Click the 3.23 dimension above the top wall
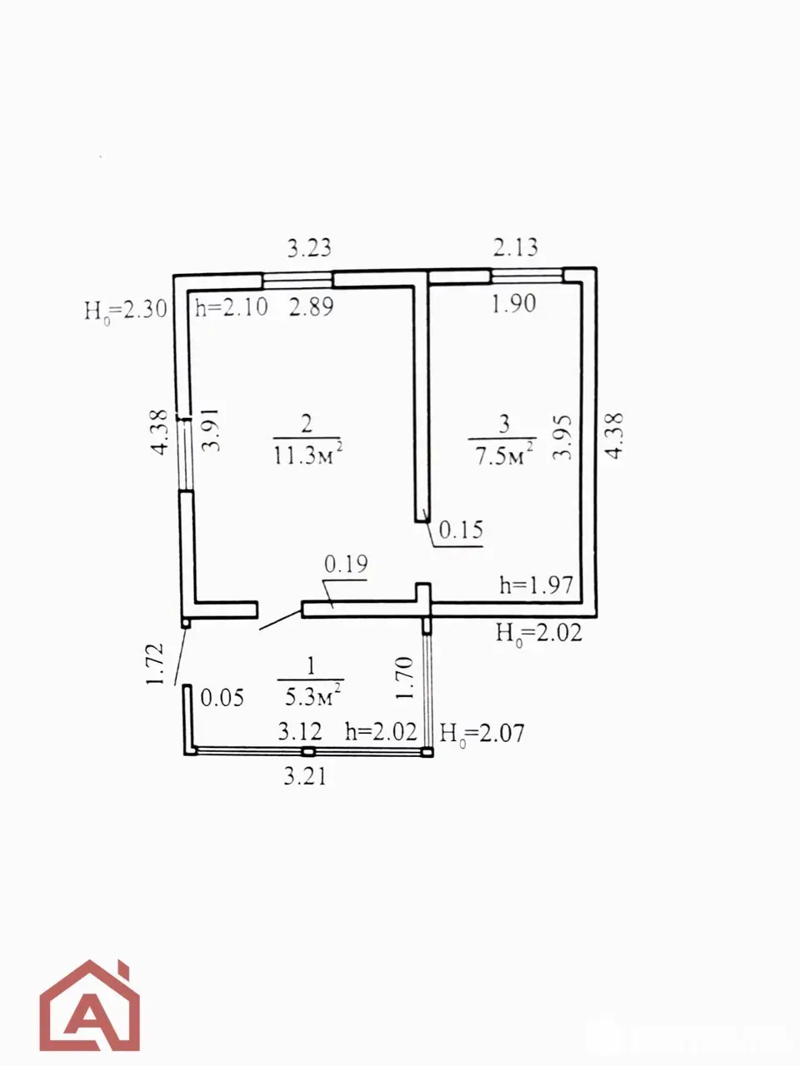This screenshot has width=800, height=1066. coord(309,248)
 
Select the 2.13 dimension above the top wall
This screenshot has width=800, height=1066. coord(515,247)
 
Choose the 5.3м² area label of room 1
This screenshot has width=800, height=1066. coord(312,697)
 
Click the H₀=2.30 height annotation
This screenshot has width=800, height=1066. coord(126,310)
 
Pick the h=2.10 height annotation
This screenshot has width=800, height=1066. coord(232,307)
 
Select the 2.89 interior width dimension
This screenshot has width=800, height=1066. coord(312,307)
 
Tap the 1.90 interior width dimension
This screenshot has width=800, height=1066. coord(514,304)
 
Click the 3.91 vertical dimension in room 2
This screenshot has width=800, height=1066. coord(211,431)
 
